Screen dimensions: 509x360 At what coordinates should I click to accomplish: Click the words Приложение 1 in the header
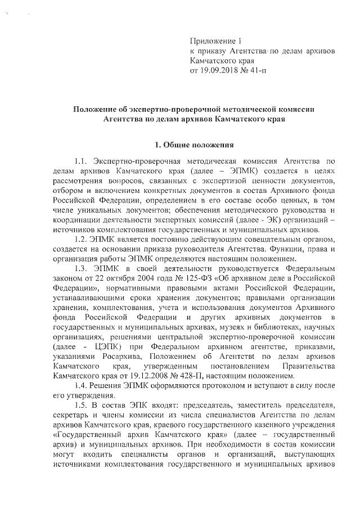coord(216,41)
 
